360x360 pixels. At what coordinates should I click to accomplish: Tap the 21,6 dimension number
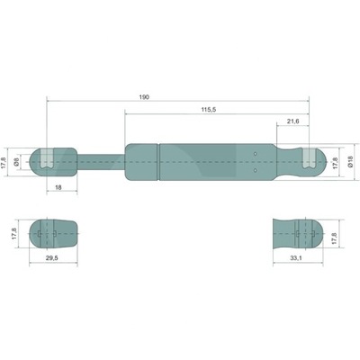tap(292, 121)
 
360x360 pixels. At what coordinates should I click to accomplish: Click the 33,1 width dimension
tap(296, 257)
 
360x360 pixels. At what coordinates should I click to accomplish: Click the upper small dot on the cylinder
tap(256, 154)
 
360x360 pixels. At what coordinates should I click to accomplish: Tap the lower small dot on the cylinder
tap(256, 168)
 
